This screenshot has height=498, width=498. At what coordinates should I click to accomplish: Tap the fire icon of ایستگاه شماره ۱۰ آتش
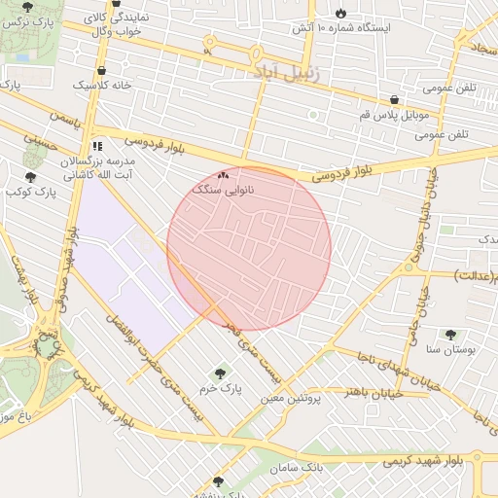click(340, 12)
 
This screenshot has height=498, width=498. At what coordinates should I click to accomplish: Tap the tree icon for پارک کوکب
click(30, 177)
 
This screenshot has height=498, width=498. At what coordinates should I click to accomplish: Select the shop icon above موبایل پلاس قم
click(394, 99)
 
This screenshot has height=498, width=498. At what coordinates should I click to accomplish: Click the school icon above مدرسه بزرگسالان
click(96, 146)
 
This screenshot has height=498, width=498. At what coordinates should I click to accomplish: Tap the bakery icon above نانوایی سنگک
click(225, 175)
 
